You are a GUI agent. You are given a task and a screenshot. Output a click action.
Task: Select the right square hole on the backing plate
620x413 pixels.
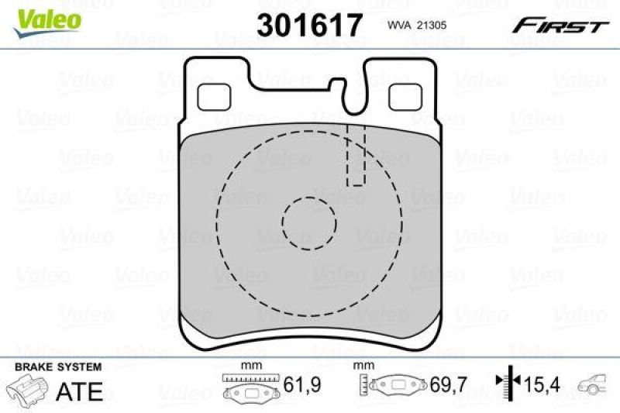401,96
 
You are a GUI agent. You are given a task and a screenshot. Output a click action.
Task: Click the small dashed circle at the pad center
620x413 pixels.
309,222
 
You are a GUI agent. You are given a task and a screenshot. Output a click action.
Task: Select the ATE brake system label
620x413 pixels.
79,391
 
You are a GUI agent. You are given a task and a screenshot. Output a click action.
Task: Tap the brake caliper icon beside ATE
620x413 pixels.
29,390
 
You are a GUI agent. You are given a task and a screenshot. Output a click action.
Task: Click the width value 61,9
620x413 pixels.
299,384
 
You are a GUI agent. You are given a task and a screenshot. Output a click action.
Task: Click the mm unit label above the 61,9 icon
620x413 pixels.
249,365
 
